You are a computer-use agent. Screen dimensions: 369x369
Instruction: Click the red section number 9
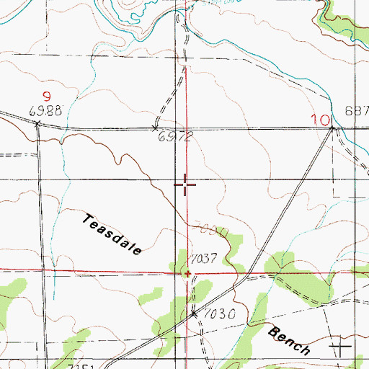click(x=46, y=96)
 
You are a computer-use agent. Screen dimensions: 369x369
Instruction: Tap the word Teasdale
click(x=112, y=233)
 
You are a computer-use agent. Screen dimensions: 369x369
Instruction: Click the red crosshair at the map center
click(x=186, y=185)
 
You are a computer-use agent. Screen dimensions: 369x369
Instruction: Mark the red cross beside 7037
click(x=187, y=274)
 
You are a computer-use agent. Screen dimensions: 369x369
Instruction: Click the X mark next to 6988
click(x=37, y=124)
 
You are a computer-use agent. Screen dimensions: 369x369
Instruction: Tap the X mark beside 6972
click(x=156, y=128)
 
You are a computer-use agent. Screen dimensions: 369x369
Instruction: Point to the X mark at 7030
click(x=193, y=315)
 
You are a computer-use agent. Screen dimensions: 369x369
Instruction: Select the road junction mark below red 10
click(x=333, y=128)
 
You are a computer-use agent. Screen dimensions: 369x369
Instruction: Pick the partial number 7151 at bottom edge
click(x=84, y=365)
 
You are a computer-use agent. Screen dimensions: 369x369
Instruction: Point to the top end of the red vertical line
click(x=186, y=67)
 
